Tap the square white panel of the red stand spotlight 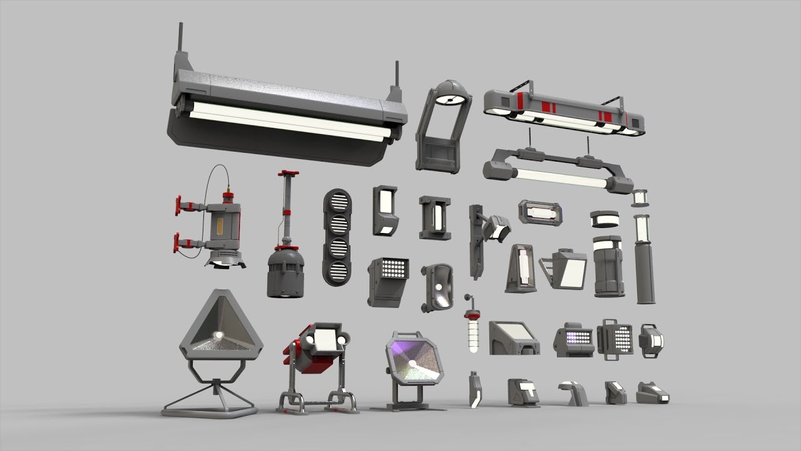tap(325, 339)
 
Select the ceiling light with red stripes tap(563, 110)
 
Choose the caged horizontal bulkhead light tap(540, 212)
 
